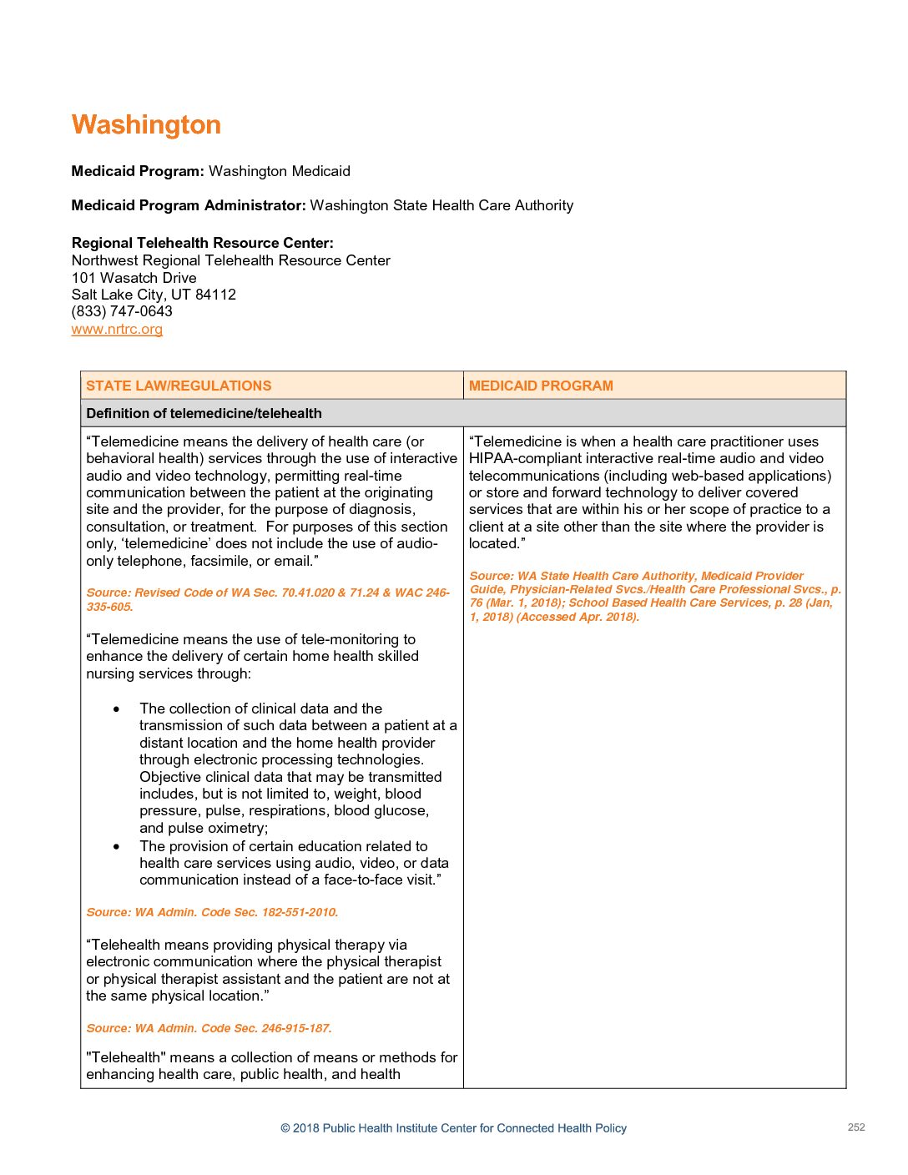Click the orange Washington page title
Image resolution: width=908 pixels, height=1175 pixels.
point(146,125)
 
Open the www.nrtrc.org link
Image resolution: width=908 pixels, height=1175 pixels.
point(117,329)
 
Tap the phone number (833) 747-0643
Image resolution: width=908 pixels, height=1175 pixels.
point(122,311)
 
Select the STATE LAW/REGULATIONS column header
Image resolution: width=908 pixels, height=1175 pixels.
point(179,386)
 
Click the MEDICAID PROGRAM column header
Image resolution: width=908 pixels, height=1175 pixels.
point(541,386)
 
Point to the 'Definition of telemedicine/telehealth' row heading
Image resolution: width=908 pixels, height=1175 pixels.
point(204,413)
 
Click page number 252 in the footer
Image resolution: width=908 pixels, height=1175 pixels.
point(856,1127)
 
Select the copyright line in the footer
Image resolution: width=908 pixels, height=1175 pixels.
point(453,1128)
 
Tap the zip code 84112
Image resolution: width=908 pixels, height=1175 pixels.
point(215,295)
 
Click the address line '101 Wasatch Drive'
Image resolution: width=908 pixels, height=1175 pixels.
point(134,278)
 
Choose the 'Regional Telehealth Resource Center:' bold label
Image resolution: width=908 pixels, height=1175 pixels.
point(203,243)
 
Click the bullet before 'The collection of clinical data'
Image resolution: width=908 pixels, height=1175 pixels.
point(116,709)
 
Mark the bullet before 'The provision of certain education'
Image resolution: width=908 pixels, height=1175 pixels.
point(116,847)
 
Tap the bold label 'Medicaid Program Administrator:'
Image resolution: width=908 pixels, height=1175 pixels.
point(189,205)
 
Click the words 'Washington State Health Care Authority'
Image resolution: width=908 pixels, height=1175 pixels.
point(441,205)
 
